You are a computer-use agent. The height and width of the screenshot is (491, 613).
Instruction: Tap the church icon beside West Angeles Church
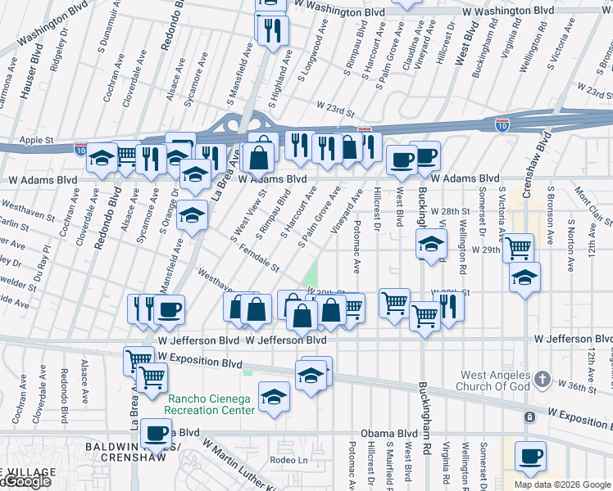coord(542,380)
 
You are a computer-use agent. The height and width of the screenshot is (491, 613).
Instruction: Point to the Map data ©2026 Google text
coord(561,484)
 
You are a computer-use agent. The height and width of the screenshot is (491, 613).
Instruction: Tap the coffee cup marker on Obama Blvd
coord(156,434)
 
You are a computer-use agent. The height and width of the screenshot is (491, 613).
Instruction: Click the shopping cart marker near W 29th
coord(518,246)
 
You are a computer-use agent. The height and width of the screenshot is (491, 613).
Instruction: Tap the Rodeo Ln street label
coord(288,460)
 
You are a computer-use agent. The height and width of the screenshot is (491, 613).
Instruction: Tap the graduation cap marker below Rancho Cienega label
coord(274,398)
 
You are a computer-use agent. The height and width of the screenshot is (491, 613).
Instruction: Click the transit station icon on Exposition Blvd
coord(529,417)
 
